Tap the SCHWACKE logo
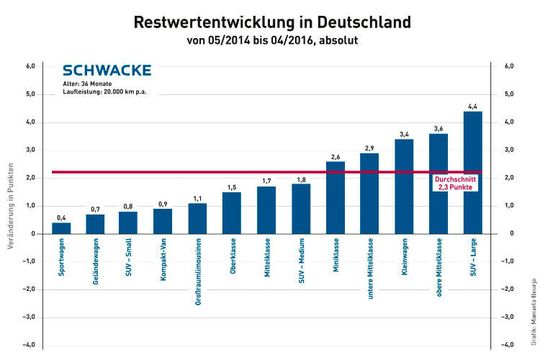[106, 70]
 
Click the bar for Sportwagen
[61, 228]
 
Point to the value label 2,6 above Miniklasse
[335, 156]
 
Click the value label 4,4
[472, 106]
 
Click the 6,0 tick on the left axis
[30, 66]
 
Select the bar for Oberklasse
[232, 213]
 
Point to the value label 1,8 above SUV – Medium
[301, 178]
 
